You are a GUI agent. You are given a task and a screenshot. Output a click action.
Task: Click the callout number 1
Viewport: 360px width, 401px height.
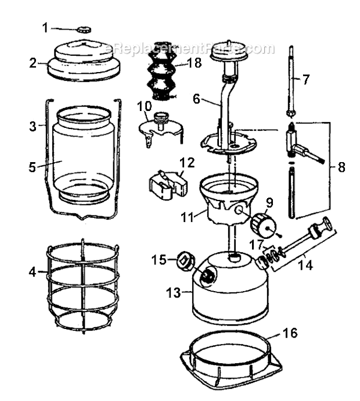click(45, 27)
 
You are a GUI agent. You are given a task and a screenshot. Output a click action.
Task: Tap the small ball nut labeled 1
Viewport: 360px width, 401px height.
click(83, 28)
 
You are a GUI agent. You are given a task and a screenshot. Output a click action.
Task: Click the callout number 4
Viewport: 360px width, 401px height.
click(33, 271)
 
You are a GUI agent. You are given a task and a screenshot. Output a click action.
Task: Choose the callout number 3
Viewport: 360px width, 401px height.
click(33, 125)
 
